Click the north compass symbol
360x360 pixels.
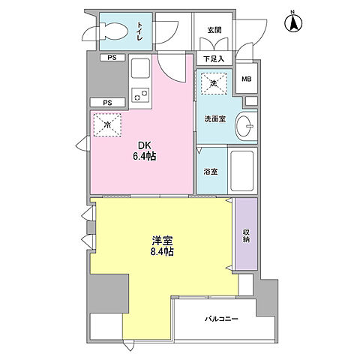click(293, 22)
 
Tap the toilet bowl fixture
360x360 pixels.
click(114, 31)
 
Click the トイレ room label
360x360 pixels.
click(139, 31)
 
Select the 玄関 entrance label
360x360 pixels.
click(214, 30)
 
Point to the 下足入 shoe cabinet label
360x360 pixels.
click(214, 59)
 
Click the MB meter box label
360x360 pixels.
click(247, 79)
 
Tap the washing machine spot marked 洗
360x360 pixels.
click(214, 84)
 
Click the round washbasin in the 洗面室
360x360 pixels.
click(244, 126)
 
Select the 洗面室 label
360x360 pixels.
click(215, 119)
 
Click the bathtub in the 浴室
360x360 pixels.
click(242, 170)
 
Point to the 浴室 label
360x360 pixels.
click(211, 172)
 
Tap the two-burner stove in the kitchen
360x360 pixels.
click(140, 95)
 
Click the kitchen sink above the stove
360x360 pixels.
click(140, 68)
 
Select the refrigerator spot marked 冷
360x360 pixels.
click(107, 125)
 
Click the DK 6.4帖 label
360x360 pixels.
click(145, 151)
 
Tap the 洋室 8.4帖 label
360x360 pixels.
click(162, 246)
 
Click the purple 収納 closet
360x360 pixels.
click(247, 234)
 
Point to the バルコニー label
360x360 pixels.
click(221, 319)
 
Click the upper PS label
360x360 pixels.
click(112, 58)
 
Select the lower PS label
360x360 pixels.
click(107, 103)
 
